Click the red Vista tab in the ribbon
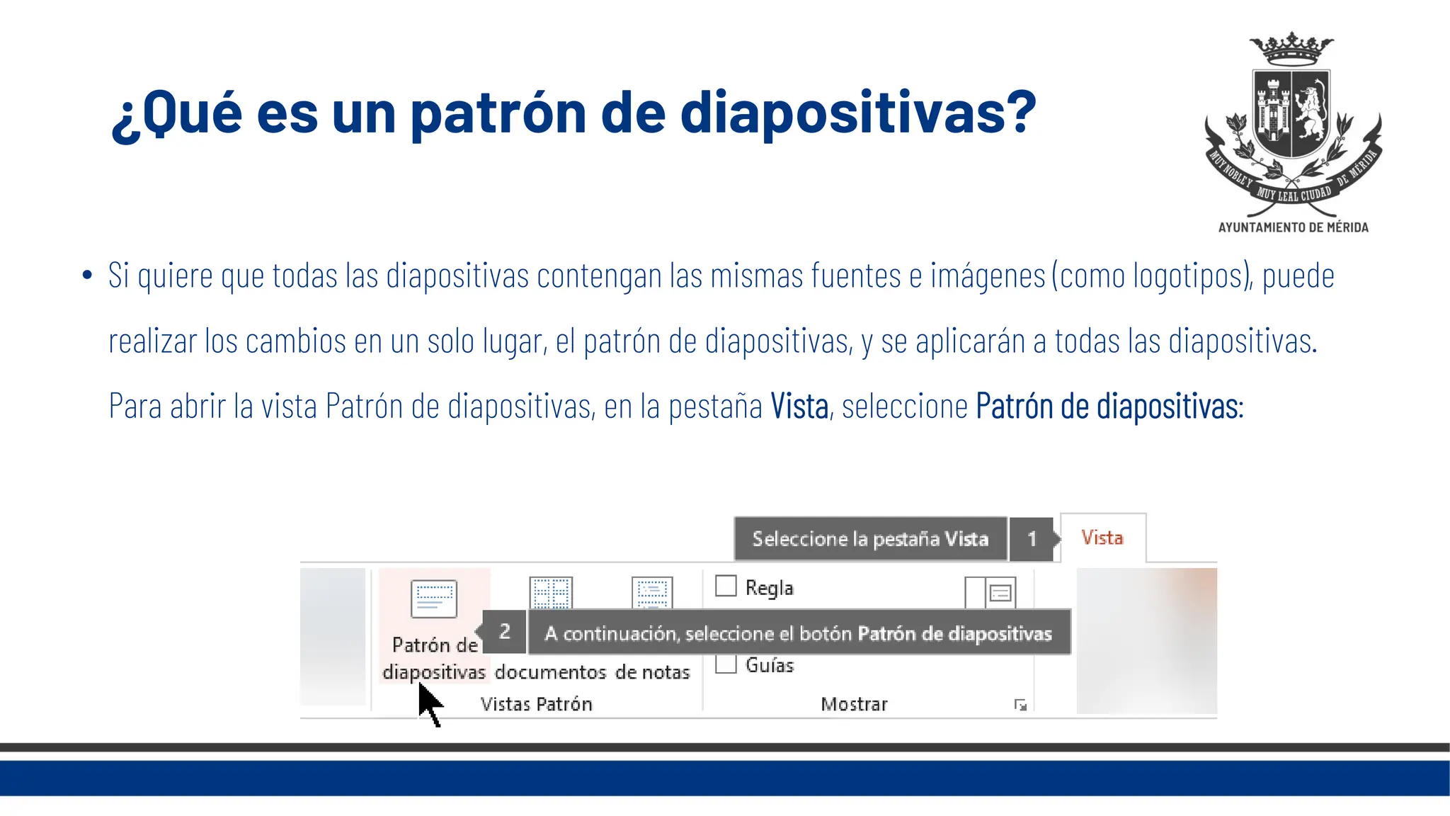[x=1102, y=538]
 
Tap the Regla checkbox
[x=726, y=586]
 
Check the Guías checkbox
[x=726, y=664]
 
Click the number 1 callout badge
[x=1032, y=539]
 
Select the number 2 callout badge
[x=505, y=631]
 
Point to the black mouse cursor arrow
[x=428, y=703]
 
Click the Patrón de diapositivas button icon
[x=433, y=599]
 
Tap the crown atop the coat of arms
[x=1291, y=48]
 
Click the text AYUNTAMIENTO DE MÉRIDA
[x=1293, y=227]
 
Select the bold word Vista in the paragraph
[x=799, y=407]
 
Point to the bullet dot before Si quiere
[x=87, y=275]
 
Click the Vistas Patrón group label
[x=536, y=704]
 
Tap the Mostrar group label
[x=854, y=704]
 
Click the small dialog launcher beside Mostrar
[x=1020, y=705]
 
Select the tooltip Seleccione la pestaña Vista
[x=870, y=539]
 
